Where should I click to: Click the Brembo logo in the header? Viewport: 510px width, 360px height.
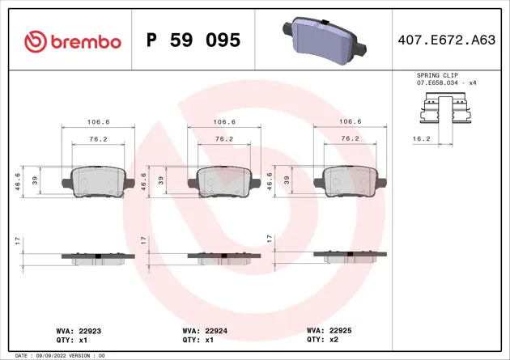pyautogui.click(x=73, y=40)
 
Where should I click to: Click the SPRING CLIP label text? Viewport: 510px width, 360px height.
pyautogui.click(x=436, y=74)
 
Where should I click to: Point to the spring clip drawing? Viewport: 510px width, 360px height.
pyautogui.click(x=446, y=111)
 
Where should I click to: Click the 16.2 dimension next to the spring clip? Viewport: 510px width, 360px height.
pyautogui.click(x=421, y=139)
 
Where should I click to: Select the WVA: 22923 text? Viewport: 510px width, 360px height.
pyautogui.click(x=79, y=331)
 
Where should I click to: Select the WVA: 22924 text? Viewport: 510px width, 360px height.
pyautogui.click(x=204, y=331)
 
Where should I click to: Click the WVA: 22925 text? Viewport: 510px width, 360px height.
pyautogui.click(x=329, y=331)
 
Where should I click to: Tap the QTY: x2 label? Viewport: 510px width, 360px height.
pyautogui.click(x=322, y=340)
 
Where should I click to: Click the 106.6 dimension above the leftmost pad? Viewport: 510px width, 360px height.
pyautogui.click(x=98, y=122)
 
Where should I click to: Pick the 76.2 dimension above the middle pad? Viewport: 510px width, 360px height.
pyautogui.click(x=224, y=138)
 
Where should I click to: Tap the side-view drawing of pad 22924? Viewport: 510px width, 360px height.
pyautogui.click(x=224, y=256)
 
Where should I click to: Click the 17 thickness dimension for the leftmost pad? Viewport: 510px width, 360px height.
pyautogui.click(x=18, y=240)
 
